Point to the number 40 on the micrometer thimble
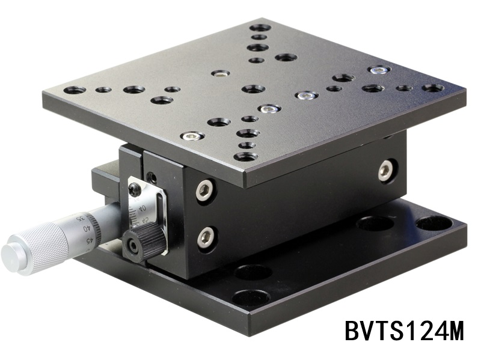click(87, 228)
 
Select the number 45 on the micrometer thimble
click(90, 241)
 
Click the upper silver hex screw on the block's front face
click(204, 191)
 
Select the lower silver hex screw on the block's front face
click(206, 237)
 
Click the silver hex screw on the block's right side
click(385, 171)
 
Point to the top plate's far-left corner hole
click(75, 90)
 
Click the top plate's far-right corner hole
click(432, 88)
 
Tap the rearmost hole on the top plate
click(260, 28)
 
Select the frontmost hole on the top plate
click(246, 157)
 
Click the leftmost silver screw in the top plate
click(192, 136)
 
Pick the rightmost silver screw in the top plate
click(378, 70)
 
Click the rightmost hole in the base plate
click(434, 223)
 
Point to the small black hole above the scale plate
click(152, 177)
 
